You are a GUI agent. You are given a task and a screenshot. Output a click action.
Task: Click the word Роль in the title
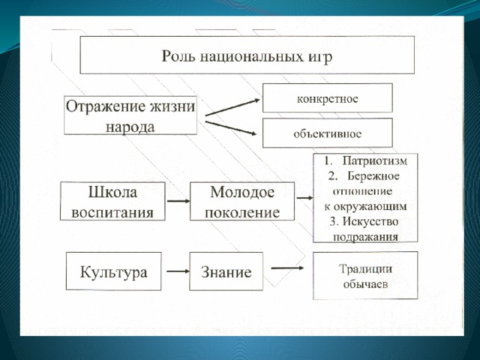pyautogui.click(x=178, y=56)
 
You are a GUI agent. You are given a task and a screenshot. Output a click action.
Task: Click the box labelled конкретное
pyautogui.click(x=328, y=98)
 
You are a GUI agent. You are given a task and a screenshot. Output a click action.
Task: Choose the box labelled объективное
pyautogui.click(x=328, y=133)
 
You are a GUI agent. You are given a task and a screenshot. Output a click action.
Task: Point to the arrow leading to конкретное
pyautogui.click(x=232, y=107)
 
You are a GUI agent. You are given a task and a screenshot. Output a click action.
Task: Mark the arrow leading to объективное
pyautogui.click(x=231, y=128)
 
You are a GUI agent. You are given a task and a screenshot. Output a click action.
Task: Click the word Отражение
pyautogui.click(x=105, y=107)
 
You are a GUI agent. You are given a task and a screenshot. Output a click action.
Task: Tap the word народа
pyautogui.click(x=130, y=127)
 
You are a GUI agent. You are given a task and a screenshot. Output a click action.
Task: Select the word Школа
pyautogui.click(x=112, y=192)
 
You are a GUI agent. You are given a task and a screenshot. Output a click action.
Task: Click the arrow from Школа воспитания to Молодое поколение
pyautogui.click(x=178, y=201)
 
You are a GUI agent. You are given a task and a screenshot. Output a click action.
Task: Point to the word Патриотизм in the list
pyautogui.click(x=375, y=160)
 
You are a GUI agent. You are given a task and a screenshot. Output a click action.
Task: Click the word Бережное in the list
pyautogui.click(x=373, y=176)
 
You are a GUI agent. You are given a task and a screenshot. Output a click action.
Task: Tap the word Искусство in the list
pyautogui.click(x=370, y=222)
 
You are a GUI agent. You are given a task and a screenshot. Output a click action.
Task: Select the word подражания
pyautogui.click(x=365, y=237)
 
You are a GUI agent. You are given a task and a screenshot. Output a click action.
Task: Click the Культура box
pyautogui.click(x=113, y=271)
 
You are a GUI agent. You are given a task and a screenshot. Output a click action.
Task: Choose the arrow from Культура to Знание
pyautogui.click(x=178, y=271)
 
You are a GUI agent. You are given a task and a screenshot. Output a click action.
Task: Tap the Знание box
pyautogui.click(x=226, y=271)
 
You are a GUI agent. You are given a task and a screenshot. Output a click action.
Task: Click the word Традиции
pyautogui.click(x=365, y=269)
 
